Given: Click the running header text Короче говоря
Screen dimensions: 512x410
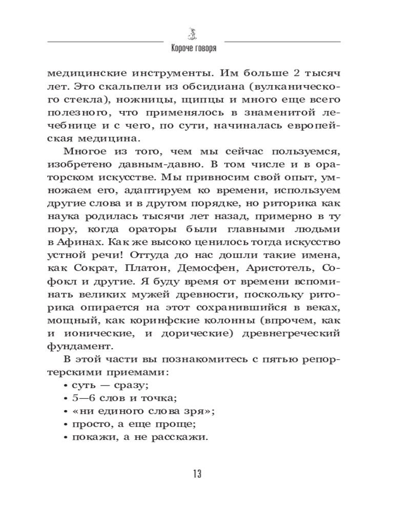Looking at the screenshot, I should click(194, 49).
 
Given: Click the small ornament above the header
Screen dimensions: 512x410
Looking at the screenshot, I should click(194, 33).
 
